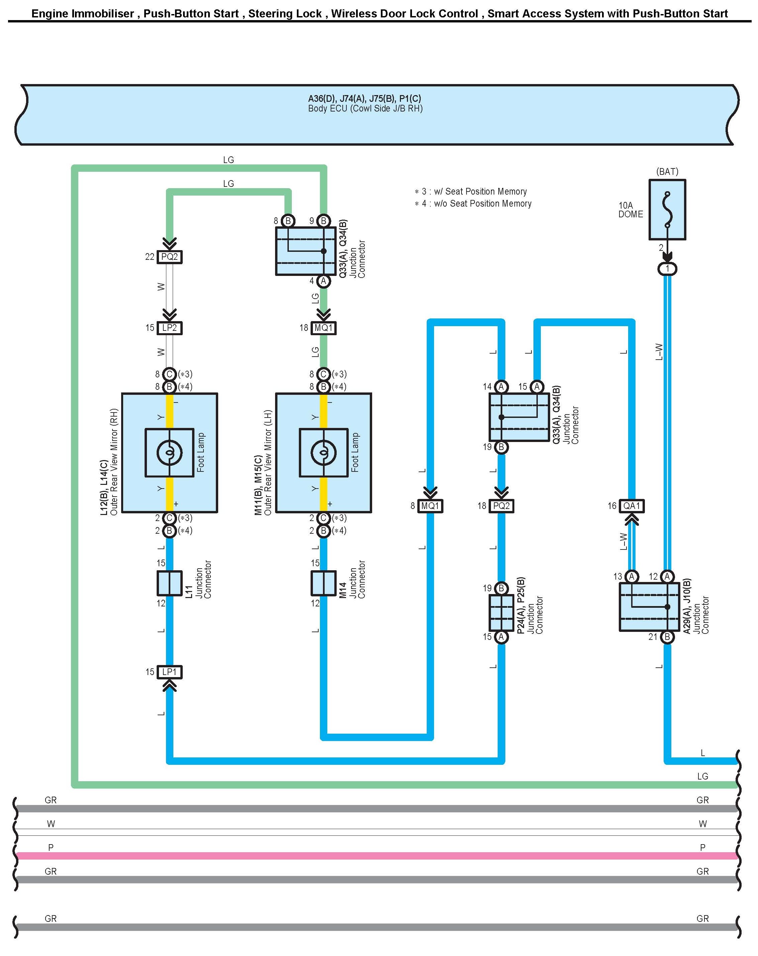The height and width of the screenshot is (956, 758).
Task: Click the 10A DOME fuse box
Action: click(667, 209)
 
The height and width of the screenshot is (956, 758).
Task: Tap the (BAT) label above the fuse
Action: click(667, 171)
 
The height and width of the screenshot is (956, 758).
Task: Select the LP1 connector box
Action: click(169, 672)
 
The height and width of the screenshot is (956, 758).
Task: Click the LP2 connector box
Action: click(169, 328)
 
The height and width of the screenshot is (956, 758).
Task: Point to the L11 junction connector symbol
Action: click(169, 583)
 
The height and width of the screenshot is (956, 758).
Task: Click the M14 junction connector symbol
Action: click(324, 583)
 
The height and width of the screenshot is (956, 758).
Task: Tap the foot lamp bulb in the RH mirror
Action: click(169, 452)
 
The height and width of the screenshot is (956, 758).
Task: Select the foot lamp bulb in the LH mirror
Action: click(324, 452)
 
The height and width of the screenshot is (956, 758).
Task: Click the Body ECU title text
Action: click(365, 103)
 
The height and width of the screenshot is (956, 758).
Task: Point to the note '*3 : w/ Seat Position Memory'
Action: click(471, 192)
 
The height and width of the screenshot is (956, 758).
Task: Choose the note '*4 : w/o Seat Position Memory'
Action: click(473, 204)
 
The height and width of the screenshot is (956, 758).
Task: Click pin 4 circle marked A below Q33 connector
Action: click(324, 281)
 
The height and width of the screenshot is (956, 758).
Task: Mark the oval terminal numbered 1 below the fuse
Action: click(667, 269)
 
